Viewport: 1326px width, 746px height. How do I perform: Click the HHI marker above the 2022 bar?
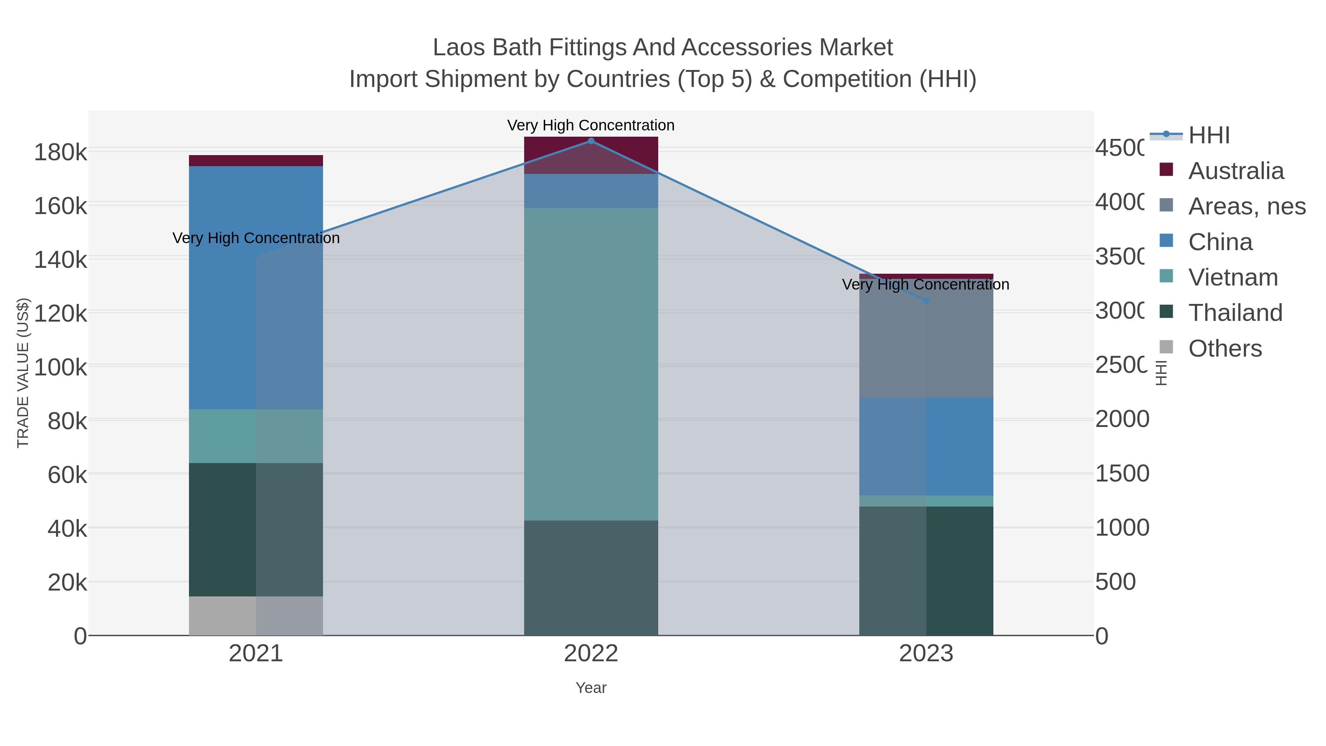pos(591,141)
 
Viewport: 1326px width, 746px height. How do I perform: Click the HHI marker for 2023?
pos(926,301)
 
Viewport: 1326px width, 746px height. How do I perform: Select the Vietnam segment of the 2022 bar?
pos(591,364)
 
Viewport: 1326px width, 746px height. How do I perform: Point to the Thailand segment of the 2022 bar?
pos(591,578)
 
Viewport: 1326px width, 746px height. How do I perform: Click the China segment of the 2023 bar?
pos(926,446)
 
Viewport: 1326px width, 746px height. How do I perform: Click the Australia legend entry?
pos(1235,171)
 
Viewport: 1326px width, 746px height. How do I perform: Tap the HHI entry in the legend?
pos(1209,136)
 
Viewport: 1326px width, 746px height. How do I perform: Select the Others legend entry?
pos(1225,349)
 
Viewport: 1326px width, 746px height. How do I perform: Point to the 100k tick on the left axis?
pos(61,368)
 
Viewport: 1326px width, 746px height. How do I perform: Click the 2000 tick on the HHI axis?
pos(1122,419)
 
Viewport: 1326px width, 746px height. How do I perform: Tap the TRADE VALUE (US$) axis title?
pos(23,373)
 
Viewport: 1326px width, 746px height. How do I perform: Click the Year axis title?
pos(591,688)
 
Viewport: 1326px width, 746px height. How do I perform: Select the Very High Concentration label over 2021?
pos(256,238)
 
